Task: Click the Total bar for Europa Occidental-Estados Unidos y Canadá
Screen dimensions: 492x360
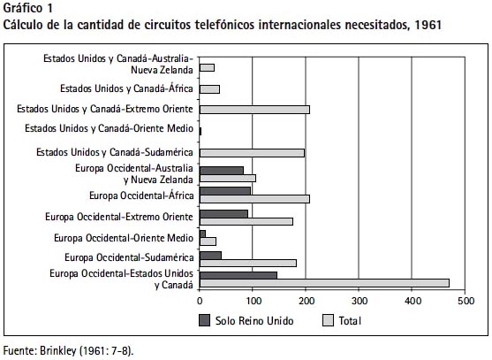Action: [x=324, y=283]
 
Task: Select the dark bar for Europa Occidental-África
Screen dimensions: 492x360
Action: [x=225, y=191]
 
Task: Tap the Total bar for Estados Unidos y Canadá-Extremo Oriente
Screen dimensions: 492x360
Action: [x=254, y=110]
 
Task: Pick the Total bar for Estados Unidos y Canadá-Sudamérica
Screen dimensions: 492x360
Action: [x=252, y=153]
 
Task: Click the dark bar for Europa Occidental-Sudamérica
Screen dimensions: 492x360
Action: [x=210, y=256]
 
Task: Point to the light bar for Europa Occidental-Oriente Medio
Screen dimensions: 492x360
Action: [x=208, y=241]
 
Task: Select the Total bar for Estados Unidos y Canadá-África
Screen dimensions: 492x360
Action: [x=209, y=89]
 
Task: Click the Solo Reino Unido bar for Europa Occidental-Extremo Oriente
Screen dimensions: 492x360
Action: [x=223, y=214]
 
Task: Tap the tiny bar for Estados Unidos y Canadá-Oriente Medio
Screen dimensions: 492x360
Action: [x=201, y=131]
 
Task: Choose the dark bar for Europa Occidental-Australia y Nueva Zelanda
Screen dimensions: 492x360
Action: [x=222, y=171]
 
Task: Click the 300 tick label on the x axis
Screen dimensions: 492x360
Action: [x=360, y=301]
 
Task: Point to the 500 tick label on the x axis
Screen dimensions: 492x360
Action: [x=466, y=301]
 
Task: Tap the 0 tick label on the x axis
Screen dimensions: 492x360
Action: [x=200, y=301]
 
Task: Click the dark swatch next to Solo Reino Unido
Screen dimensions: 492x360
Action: [x=205, y=320]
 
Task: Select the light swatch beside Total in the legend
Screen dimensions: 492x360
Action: [x=328, y=320]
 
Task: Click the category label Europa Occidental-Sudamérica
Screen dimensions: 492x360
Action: [x=129, y=257]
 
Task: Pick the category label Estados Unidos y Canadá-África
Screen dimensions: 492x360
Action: [x=127, y=88]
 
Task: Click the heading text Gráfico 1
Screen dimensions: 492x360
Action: [x=28, y=8]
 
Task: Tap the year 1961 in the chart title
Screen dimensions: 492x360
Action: [x=428, y=25]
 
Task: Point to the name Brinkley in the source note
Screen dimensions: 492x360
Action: [x=58, y=350]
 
